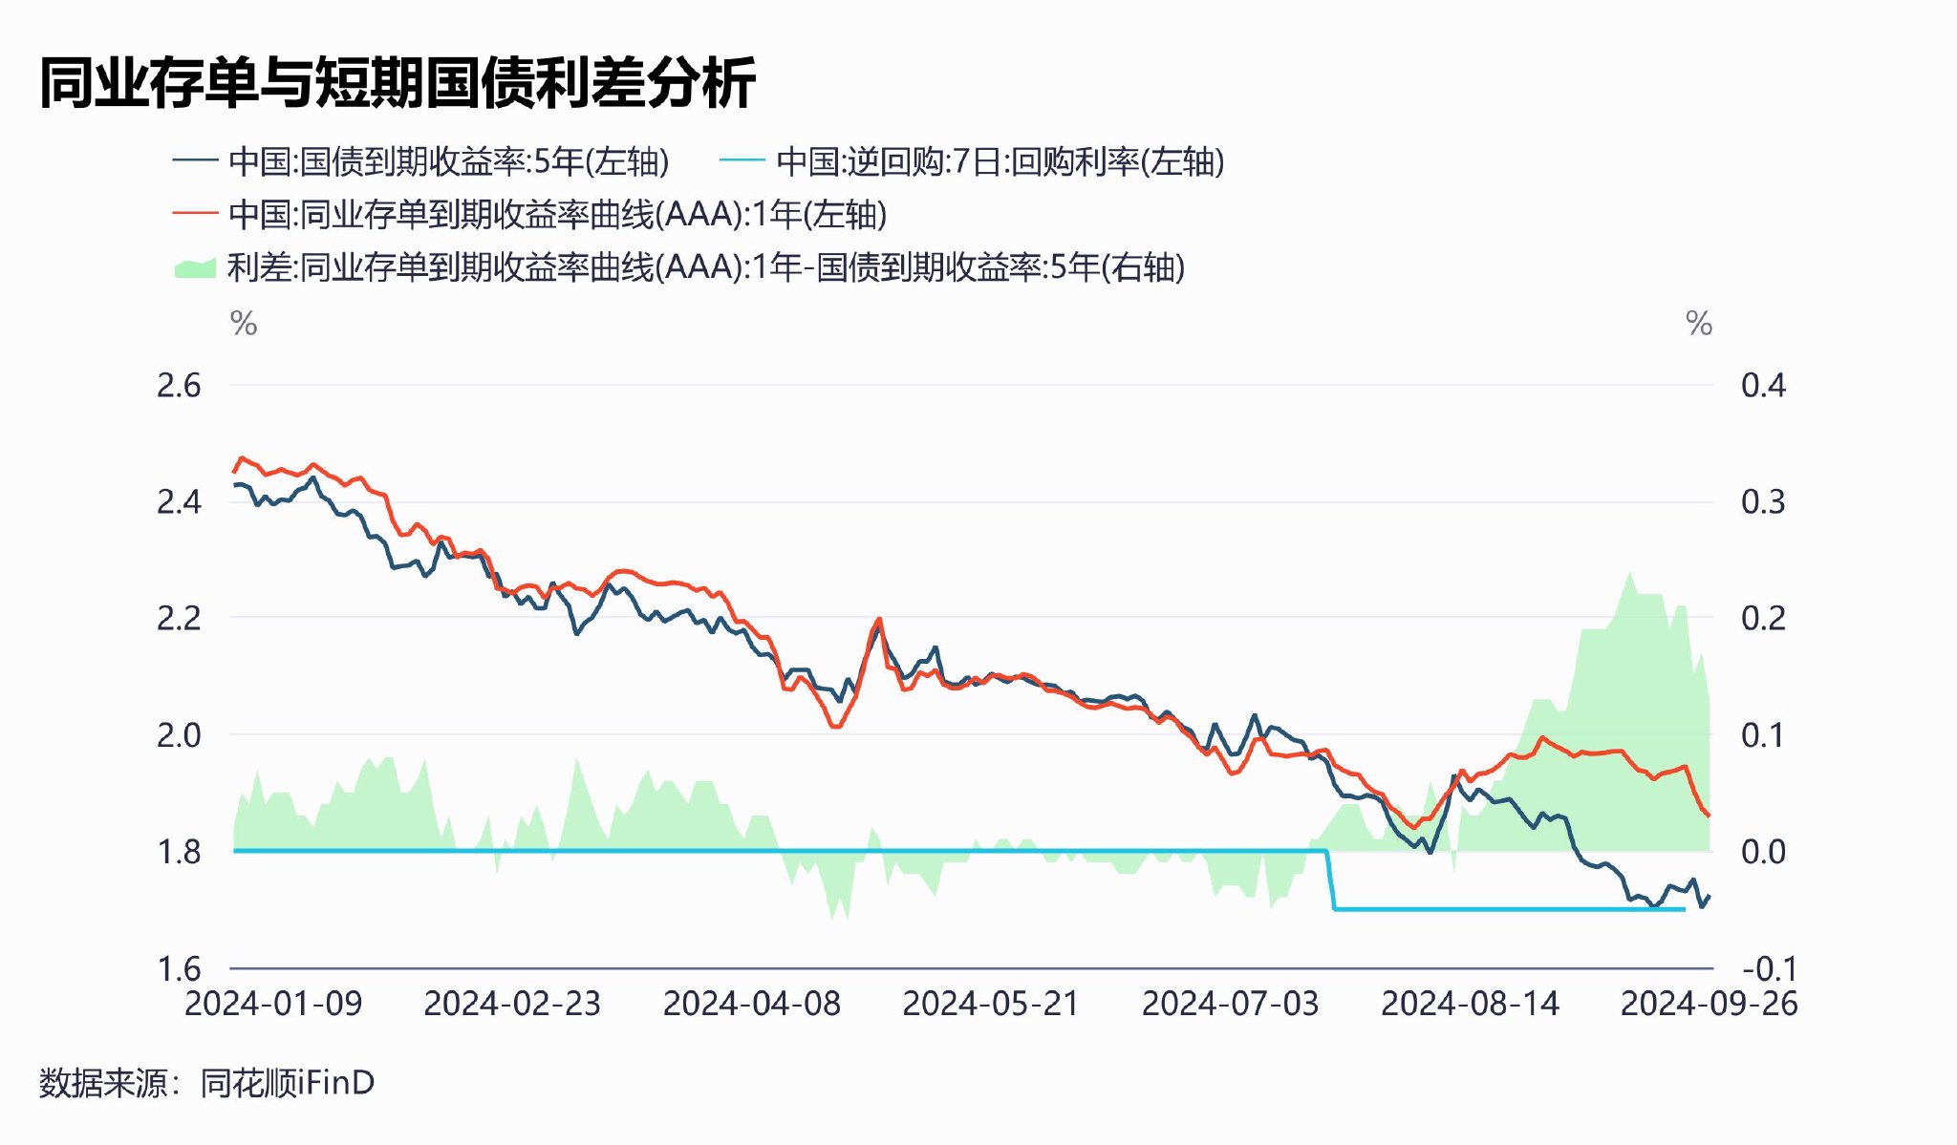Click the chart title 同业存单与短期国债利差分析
tap(398, 82)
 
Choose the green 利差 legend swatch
tap(195, 267)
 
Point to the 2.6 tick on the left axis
tap(179, 386)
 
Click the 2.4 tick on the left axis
tap(179, 502)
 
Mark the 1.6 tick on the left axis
tap(179, 968)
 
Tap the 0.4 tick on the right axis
tap(1763, 386)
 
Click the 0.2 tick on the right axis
tap(1763, 619)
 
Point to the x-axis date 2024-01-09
tap(273, 1004)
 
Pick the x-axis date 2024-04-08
tap(752, 1004)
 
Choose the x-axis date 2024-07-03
tap(1231, 1004)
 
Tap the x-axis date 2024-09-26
tap(1709, 1004)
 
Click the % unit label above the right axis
tap(1698, 324)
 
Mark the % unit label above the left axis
tap(244, 324)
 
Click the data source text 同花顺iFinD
tap(288, 1083)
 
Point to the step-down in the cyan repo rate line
tap(1330, 880)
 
